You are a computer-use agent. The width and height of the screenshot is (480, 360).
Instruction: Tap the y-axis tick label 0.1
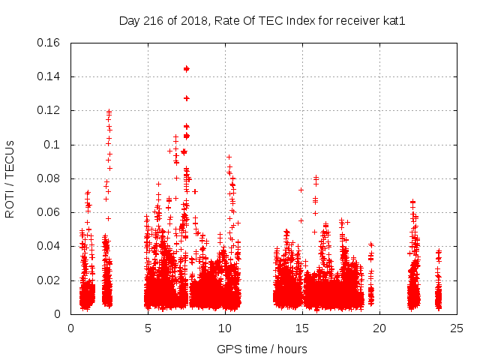54,145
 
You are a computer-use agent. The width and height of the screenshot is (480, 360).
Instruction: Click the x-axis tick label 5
148,328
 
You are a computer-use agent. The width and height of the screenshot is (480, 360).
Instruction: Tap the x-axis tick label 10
225,328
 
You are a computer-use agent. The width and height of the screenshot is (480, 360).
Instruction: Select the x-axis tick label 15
302,328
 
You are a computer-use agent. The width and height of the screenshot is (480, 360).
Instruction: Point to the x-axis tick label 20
379,328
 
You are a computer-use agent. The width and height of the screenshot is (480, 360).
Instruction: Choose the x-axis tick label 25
457,328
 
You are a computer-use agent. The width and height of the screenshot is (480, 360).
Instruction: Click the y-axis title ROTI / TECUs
10,178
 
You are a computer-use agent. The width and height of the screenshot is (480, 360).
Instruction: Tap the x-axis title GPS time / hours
262,349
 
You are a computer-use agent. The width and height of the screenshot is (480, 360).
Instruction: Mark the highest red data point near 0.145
187,69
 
